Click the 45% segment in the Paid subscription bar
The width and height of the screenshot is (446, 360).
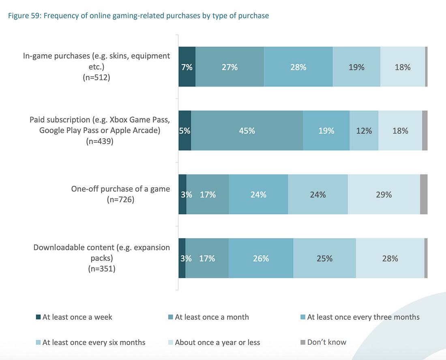(247, 131)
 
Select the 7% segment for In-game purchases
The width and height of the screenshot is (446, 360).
(187, 67)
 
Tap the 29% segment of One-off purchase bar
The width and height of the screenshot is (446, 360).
(384, 194)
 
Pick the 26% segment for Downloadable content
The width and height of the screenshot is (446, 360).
(261, 258)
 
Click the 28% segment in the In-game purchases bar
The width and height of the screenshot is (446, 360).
(298, 67)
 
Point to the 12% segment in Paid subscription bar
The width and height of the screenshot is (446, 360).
(364, 131)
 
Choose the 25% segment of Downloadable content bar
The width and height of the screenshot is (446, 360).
(324, 258)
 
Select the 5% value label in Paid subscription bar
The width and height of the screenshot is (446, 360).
(185, 131)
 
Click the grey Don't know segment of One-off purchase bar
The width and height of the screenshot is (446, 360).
(424, 194)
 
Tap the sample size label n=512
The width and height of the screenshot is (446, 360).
(96, 77)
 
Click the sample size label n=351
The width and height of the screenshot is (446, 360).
(102, 268)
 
